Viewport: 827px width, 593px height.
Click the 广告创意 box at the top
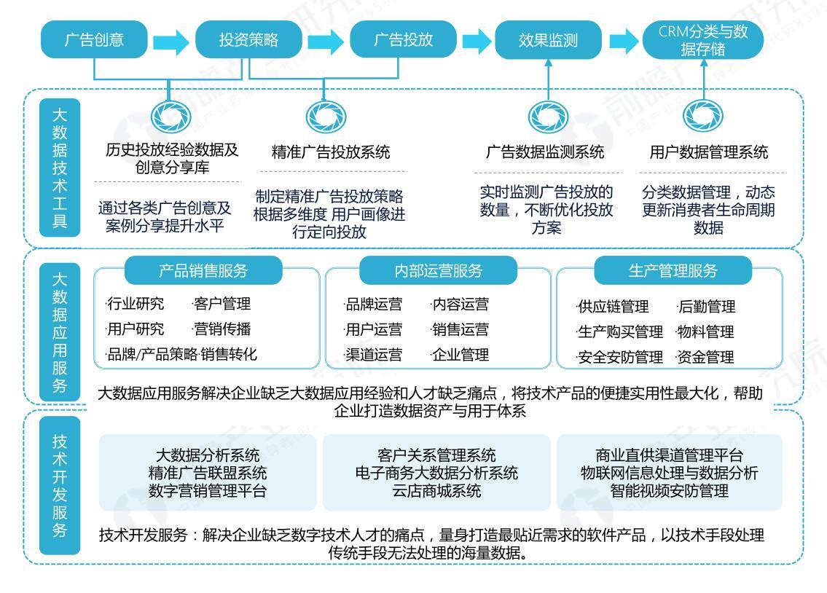(94, 39)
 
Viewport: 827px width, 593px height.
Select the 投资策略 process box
(248, 39)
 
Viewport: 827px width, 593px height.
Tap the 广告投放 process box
(403, 39)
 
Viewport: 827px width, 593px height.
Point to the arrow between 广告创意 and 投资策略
(171, 41)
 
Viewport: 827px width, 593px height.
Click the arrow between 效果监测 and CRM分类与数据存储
(623, 41)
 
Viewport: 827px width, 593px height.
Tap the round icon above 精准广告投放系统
(321, 114)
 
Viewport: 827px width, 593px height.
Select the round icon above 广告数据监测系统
(544, 114)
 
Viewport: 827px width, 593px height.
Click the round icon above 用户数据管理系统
(704, 114)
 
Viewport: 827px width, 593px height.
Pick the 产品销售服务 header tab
(203, 271)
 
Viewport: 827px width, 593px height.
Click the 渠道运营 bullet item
(373, 355)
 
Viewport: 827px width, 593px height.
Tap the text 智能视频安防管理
(669, 491)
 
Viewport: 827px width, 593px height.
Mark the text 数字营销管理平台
(207, 491)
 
